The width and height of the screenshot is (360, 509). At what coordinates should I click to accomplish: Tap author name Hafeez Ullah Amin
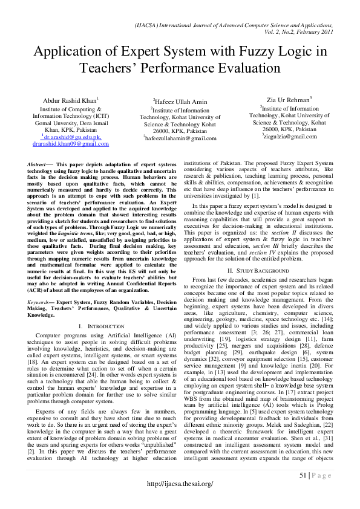tap(180, 102)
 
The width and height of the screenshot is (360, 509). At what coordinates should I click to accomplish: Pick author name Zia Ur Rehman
tap(289, 99)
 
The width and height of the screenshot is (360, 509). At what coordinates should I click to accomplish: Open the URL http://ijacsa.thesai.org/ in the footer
tap(180, 484)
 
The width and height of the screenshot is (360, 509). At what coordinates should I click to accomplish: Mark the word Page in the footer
tap(324, 475)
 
